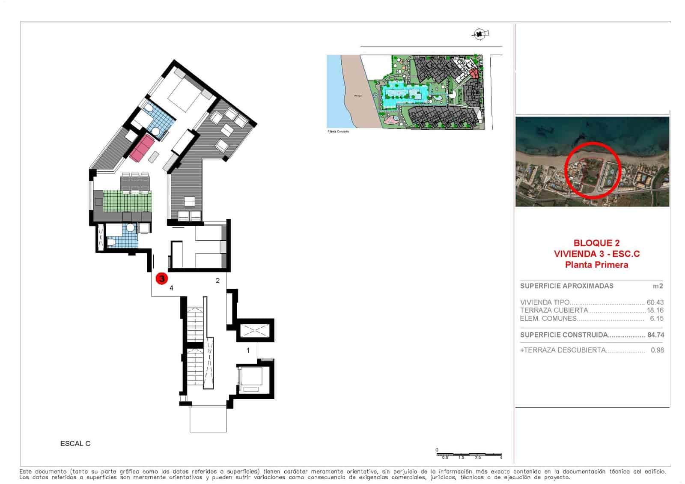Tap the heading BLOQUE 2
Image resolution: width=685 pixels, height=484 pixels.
596,243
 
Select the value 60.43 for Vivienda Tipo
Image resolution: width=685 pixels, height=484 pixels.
655,302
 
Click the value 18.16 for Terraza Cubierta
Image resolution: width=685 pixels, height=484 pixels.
655,311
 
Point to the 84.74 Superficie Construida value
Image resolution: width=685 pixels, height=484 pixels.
655,335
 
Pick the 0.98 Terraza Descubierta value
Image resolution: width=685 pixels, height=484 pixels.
657,350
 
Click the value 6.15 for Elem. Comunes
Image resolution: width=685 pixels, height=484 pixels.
656,319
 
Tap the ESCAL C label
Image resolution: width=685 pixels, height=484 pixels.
75,444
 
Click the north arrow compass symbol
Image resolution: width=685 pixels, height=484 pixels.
480,33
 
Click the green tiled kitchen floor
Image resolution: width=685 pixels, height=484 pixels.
128,200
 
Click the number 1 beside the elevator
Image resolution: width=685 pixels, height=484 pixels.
248,350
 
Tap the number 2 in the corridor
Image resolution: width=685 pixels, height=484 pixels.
218,281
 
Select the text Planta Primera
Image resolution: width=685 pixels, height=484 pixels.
596,265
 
